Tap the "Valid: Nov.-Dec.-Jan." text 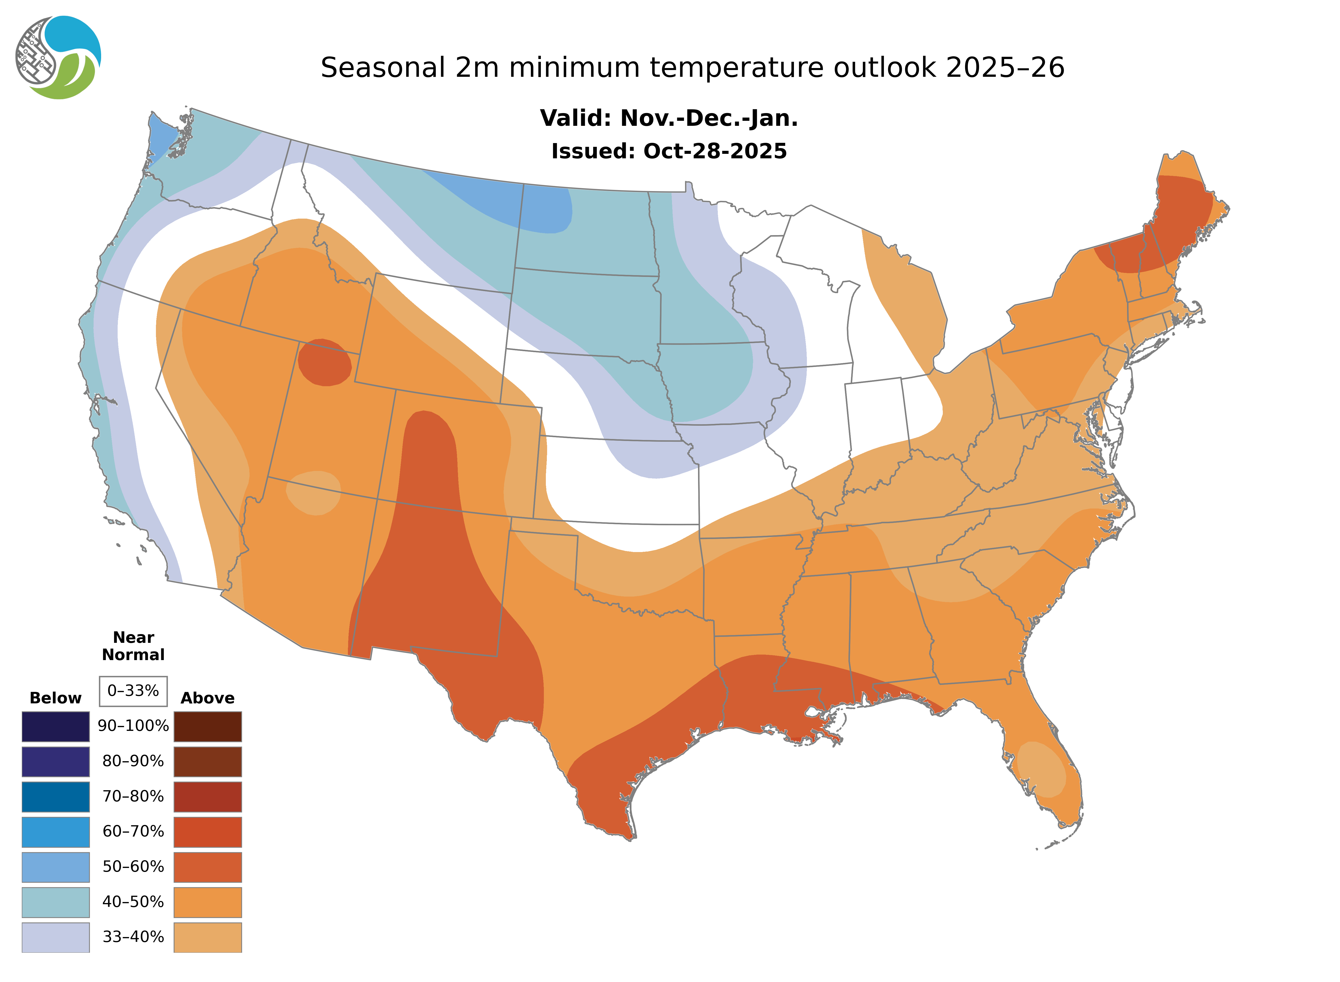[x=668, y=118]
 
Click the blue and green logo [x=58, y=58]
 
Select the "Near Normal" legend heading [x=133, y=646]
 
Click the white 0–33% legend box [x=133, y=691]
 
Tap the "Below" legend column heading [x=55, y=698]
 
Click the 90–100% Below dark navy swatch [x=55, y=726]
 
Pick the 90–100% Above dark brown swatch [x=207, y=726]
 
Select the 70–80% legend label [x=133, y=796]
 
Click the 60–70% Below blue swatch [x=55, y=832]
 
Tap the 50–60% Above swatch [x=207, y=867]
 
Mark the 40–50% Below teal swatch [x=55, y=902]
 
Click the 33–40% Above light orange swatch [x=207, y=937]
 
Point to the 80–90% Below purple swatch [x=55, y=761]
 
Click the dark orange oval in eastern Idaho [x=324, y=363]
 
